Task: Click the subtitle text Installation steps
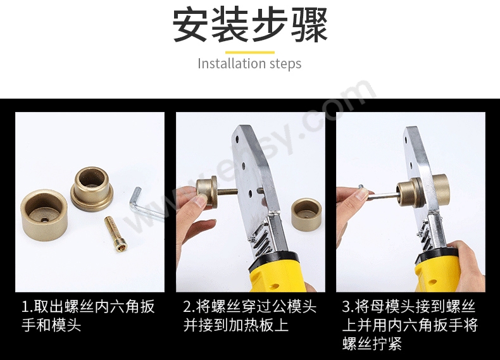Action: tap(249, 64)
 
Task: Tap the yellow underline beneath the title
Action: tap(249, 52)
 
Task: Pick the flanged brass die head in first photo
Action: tap(92, 189)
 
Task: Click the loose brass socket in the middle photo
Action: tap(306, 214)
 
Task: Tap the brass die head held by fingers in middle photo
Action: tap(207, 190)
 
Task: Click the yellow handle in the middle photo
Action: tap(278, 272)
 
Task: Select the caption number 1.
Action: tap(25, 308)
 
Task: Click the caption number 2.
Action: tap(187, 308)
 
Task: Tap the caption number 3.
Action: tap(346, 308)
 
